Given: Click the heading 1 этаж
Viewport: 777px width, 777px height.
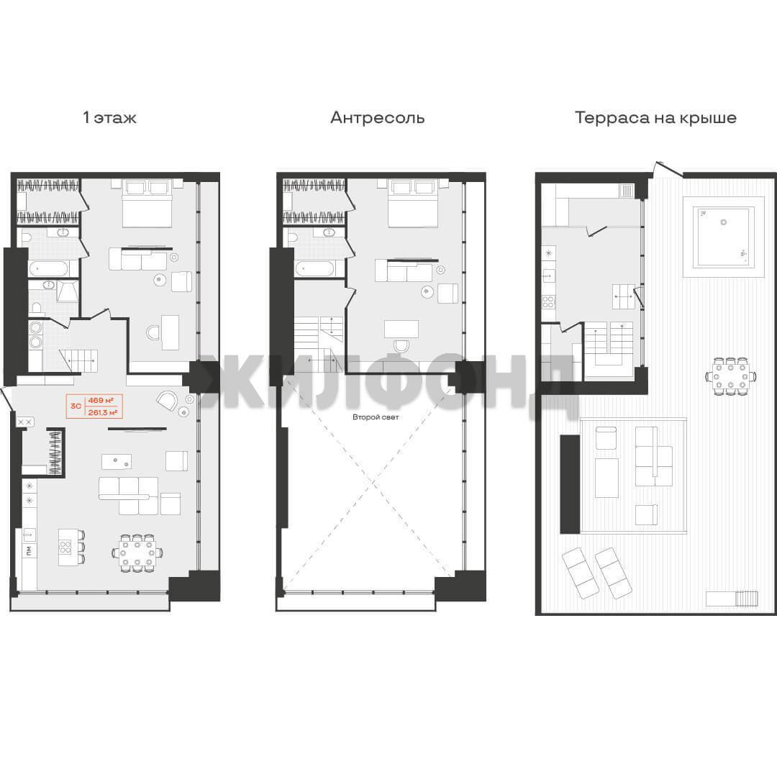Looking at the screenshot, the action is [x=109, y=118].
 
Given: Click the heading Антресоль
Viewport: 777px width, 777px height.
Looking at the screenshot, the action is [x=378, y=118].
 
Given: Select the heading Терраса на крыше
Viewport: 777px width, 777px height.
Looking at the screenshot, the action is [x=655, y=118].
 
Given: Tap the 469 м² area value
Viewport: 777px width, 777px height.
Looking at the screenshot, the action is [x=101, y=401].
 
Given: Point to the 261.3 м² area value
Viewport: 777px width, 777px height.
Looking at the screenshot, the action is [x=103, y=412].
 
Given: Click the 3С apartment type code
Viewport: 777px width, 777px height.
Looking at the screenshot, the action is [x=76, y=406].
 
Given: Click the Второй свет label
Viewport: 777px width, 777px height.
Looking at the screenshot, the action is [x=376, y=417].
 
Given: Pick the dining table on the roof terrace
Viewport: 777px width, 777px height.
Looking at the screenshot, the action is [x=731, y=376].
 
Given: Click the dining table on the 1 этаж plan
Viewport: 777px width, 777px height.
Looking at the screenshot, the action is [x=137, y=553].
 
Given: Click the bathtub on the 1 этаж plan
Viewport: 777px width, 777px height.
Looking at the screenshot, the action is [x=49, y=269].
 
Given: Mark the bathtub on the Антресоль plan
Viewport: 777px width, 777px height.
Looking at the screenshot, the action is [x=314, y=269].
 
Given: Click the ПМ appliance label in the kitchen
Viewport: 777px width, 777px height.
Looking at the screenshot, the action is [x=29, y=550].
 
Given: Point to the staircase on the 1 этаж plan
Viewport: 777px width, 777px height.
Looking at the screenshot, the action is [x=79, y=360].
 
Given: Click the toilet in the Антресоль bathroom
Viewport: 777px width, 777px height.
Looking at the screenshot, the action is [x=292, y=238].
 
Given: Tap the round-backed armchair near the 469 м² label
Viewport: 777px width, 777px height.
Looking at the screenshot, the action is [x=168, y=400].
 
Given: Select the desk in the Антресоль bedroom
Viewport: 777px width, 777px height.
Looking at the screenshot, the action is [x=401, y=329].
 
